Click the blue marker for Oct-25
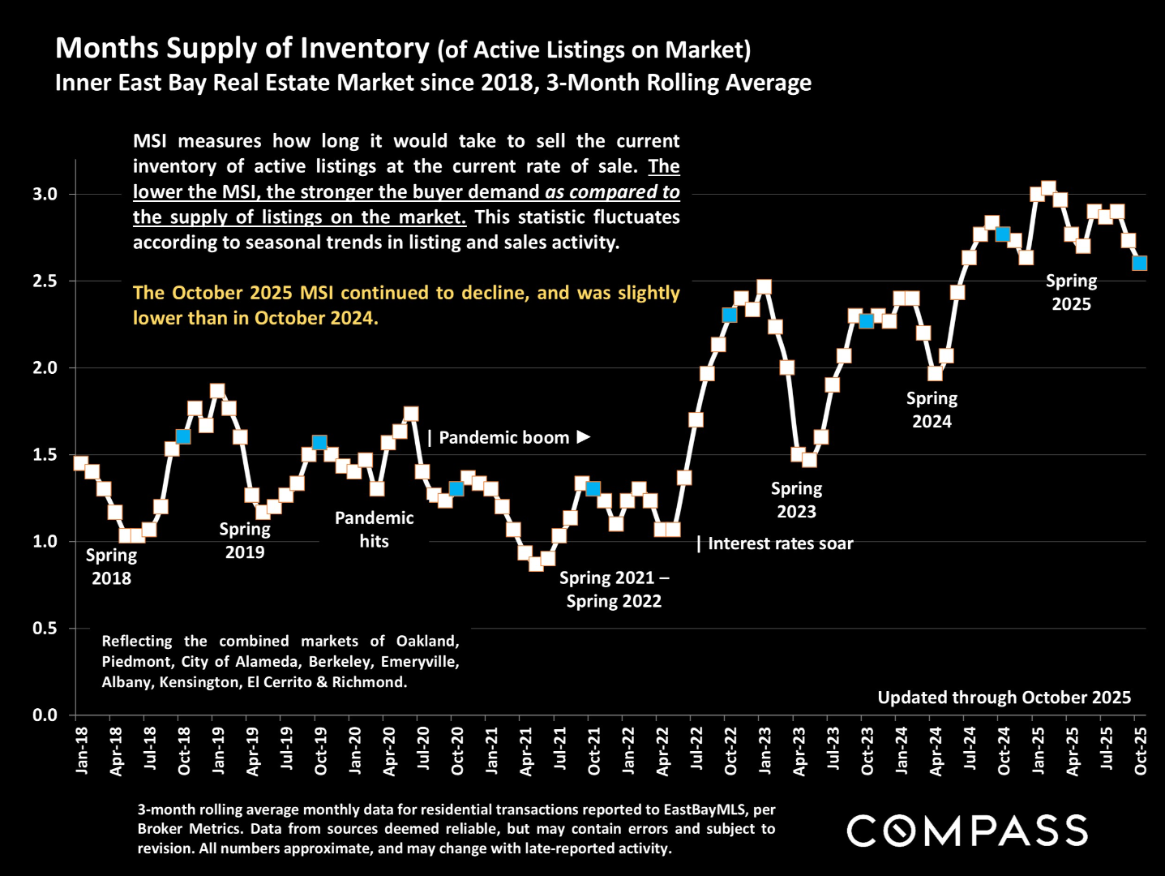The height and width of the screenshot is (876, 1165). pyautogui.click(x=1139, y=264)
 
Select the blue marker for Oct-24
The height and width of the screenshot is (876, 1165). pyautogui.click(x=1003, y=234)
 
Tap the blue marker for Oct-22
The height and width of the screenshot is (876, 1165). pyautogui.click(x=730, y=315)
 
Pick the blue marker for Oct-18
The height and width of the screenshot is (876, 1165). pyautogui.click(x=183, y=436)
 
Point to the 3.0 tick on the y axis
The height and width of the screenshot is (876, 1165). pyautogui.click(x=45, y=194)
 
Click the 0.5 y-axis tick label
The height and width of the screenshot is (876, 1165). pyautogui.click(x=45, y=629)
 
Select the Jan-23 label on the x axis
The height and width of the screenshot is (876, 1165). pyautogui.click(x=765, y=751)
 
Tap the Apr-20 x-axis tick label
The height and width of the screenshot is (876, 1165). pyautogui.click(x=390, y=751)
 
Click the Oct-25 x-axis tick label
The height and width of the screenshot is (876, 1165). pyautogui.click(x=1141, y=751)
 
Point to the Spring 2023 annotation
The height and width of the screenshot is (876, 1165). pyautogui.click(x=796, y=500)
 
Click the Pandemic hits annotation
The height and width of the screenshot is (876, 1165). pyautogui.click(x=374, y=530)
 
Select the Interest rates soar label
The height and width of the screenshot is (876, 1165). pyautogui.click(x=780, y=543)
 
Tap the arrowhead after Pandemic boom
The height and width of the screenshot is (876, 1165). pyautogui.click(x=584, y=437)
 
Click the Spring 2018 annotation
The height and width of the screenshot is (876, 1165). pyautogui.click(x=111, y=567)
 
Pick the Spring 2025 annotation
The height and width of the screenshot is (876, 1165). pyautogui.click(x=1071, y=292)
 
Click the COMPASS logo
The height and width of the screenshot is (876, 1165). pyautogui.click(x=967, y=831)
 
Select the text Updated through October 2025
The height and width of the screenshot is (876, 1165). pyautogui.click(x=1004, y=698)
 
